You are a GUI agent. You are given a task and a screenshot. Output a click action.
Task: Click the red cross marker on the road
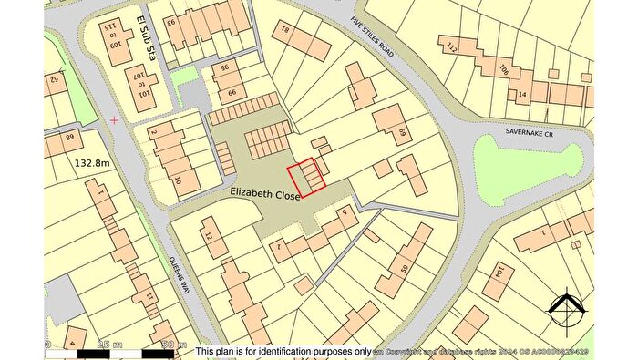click(114, 119)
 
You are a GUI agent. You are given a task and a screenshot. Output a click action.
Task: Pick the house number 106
click(503, 69)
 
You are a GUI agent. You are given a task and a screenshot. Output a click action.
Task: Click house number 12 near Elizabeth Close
click(209, 238)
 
